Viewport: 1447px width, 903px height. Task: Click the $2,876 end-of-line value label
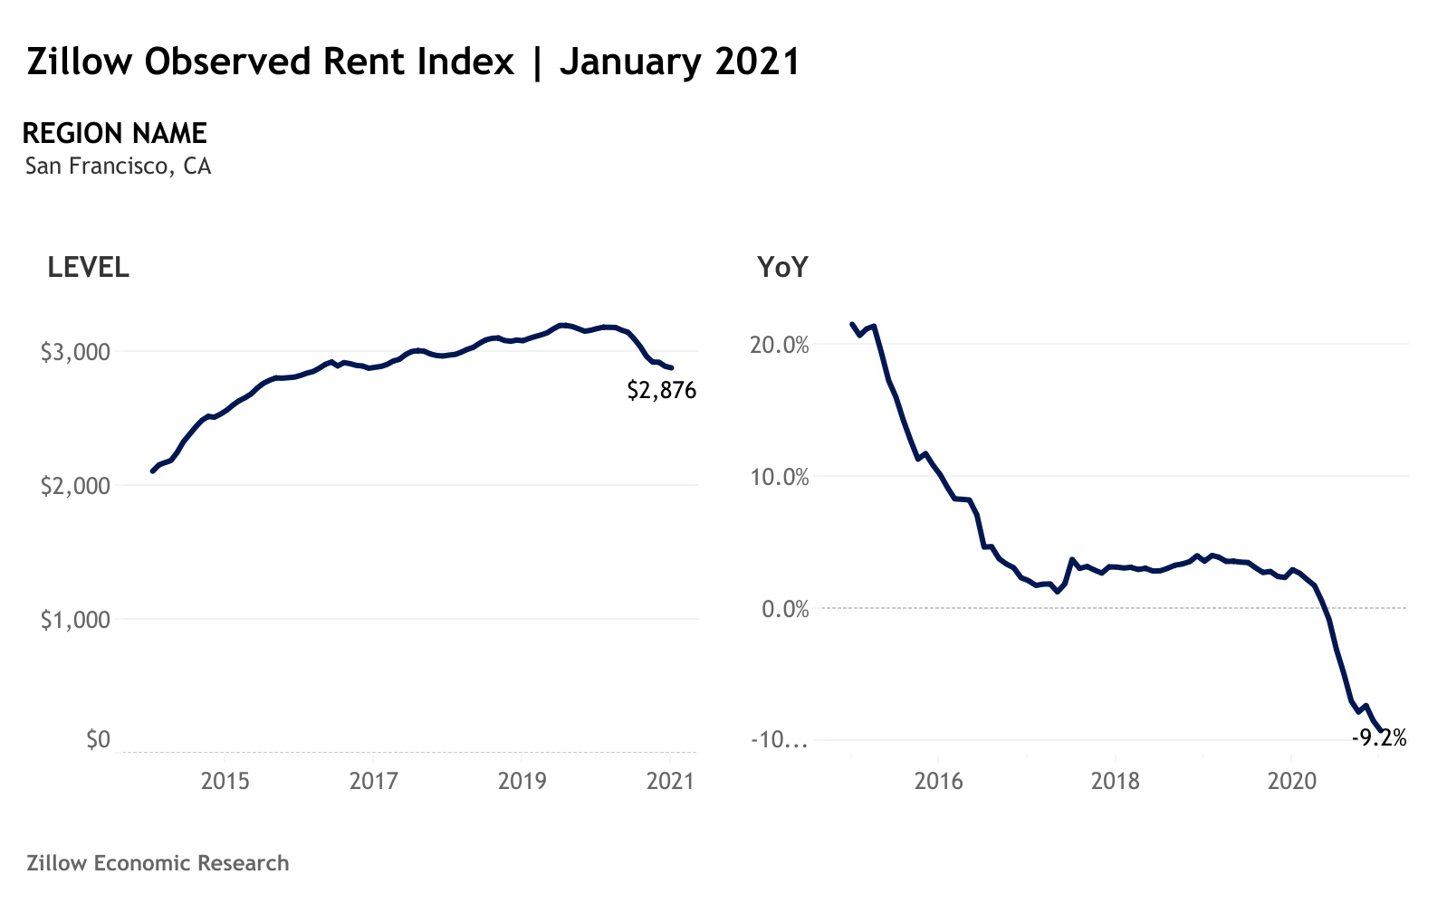click(x=661, y=391)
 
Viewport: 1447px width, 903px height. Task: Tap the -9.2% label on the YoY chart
click(x=1378, y=738)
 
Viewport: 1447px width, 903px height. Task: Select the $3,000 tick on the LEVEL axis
click(x=75, y=352)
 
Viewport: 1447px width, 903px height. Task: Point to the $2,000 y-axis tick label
click(x=75, y=486)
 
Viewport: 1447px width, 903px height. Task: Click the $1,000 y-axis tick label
click(x=75, y=620)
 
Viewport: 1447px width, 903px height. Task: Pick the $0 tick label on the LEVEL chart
click(x=98, y=740)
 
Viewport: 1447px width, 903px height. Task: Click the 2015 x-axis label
click(x=225, y=781)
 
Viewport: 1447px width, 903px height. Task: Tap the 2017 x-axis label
click(x=373, y=781)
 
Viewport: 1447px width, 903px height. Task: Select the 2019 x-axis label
click(x=522, y=781)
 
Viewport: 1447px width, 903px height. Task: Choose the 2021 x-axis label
click(x=670, y=781)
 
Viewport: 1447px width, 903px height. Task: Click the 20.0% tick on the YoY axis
click(x=780, y=346)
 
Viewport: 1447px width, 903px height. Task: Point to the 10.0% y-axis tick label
click(x=780, y=478)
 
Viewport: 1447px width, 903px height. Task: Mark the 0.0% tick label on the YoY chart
click(x=785, y=609)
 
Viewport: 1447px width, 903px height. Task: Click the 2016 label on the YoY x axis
click(x=939, y=781)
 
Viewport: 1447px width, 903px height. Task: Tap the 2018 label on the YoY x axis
click(x=1116, y=781)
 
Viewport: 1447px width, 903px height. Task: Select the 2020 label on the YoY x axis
click(x=1292, y=781)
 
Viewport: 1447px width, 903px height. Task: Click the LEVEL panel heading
click(x=88, y=268)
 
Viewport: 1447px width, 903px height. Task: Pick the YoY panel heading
click(x=782, y=268)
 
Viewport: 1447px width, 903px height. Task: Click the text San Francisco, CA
click(x=118, y=166)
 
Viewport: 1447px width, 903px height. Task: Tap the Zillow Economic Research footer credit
click(x=158, y=863)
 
